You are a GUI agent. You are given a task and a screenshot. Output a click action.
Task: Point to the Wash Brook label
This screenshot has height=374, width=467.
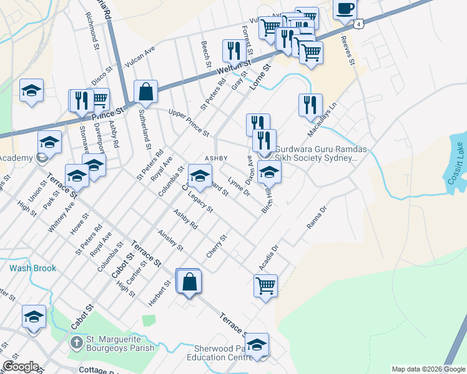(32, 269)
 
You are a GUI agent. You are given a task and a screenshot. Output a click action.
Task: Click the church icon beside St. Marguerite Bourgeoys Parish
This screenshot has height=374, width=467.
(76, 342)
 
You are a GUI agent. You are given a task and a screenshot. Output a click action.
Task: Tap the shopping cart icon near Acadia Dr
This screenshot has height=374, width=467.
(265, 286)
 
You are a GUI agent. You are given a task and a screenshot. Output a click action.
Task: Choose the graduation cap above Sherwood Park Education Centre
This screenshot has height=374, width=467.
(257, 345)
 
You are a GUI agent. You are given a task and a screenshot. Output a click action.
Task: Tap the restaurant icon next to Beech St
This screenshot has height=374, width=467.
(234, 50)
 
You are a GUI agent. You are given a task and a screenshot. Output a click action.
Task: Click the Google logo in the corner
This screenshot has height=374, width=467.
(21, 367)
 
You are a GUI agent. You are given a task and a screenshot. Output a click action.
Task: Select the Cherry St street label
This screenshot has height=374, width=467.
(217, 246)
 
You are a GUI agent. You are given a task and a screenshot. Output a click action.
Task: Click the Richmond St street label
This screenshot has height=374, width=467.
(93, 35)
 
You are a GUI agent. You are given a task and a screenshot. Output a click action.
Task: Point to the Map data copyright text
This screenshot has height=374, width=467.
(428, 369)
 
